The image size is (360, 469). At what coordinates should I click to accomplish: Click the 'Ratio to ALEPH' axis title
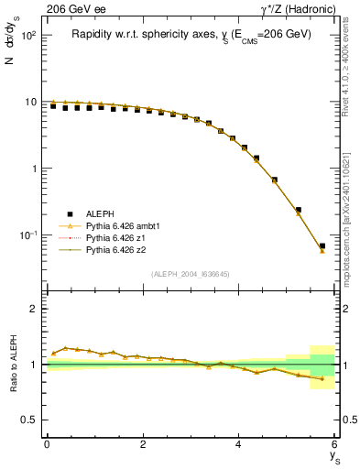coord(14,364)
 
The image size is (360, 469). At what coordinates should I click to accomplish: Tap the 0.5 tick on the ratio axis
coord(28,420)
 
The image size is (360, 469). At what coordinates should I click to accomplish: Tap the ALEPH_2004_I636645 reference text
coord(191,274)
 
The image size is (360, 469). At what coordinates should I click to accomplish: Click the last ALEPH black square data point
coord(322,245)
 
